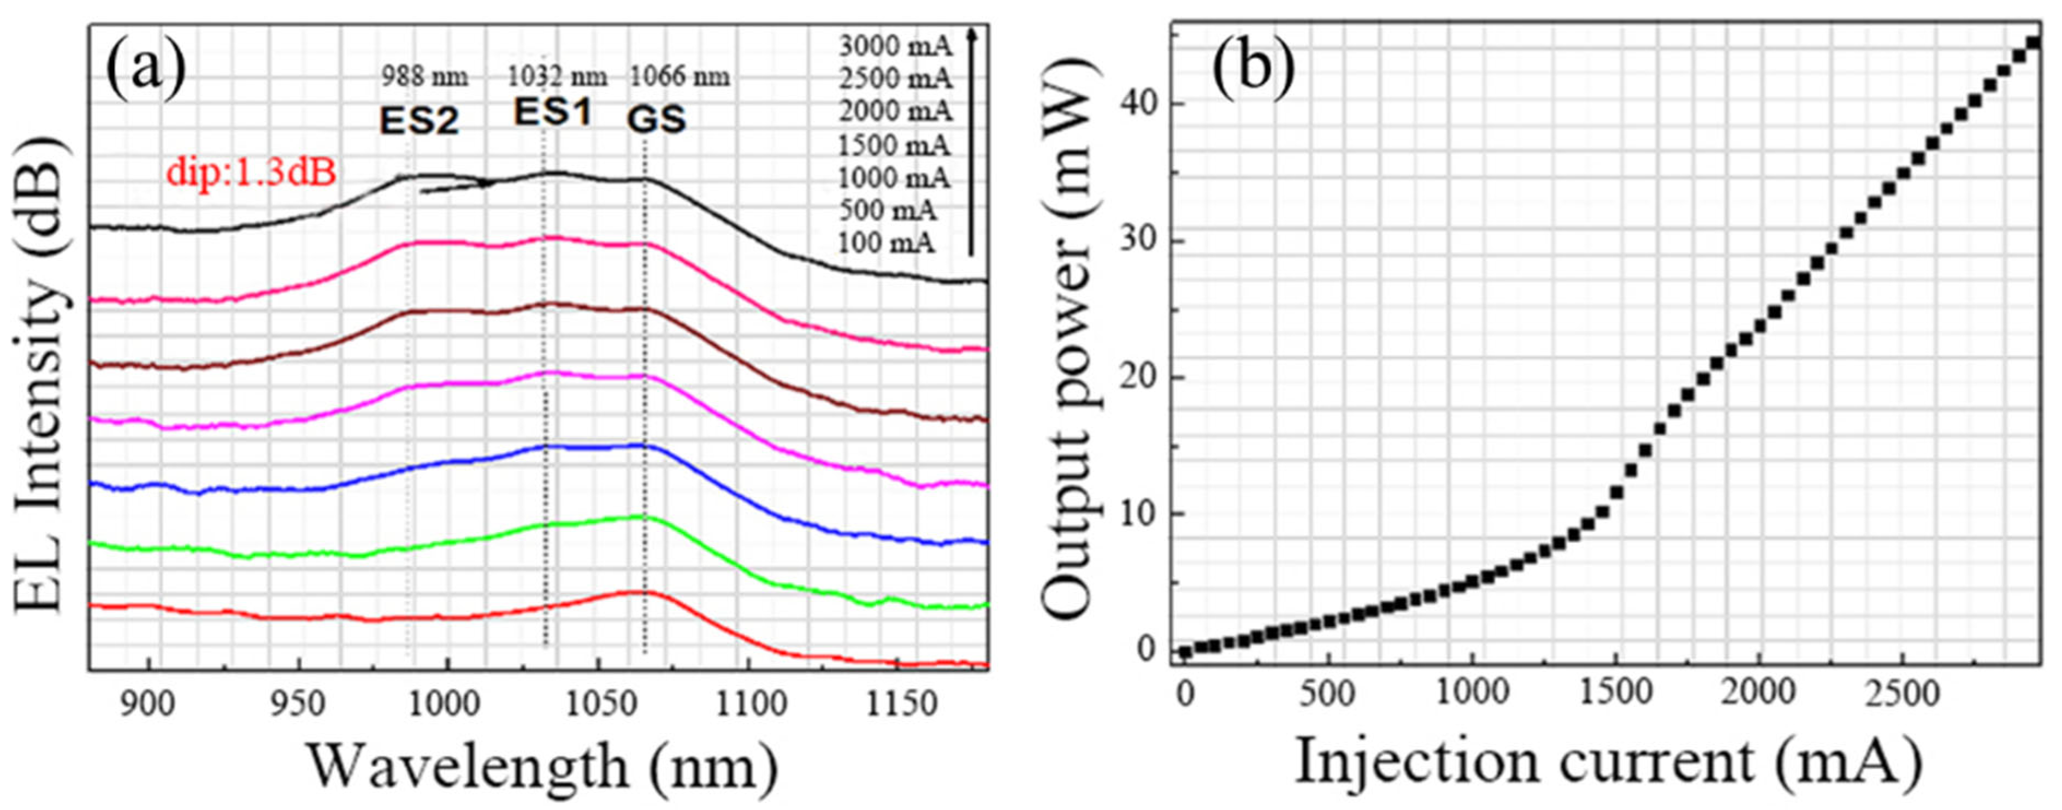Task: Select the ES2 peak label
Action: click(x=418, y=121)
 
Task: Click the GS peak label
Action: click(x=655, y=120)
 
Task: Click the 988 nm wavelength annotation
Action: click(x=424, y=78)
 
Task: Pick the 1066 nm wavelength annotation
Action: click(x=680, y=78)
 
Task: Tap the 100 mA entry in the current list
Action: click(x=886, y=243)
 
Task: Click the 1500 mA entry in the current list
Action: click(x=894, y=146)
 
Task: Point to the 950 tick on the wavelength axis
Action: click(x=298, y=705)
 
